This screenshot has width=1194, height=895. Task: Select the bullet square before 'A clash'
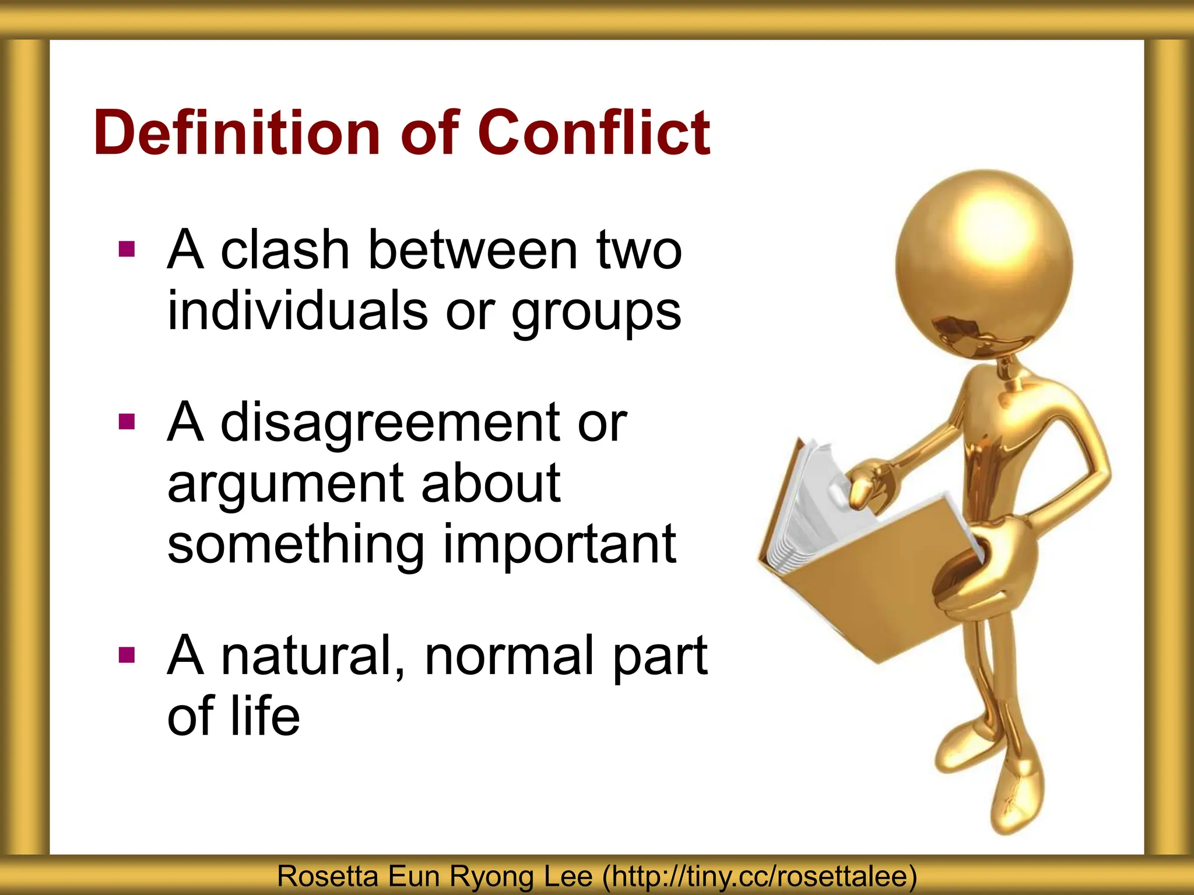coord(127,249)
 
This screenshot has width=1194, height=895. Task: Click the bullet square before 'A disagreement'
coord(127,421)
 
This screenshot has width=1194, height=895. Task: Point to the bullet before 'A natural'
coord(127,656)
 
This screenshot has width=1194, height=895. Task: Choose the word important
coord(560,545)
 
